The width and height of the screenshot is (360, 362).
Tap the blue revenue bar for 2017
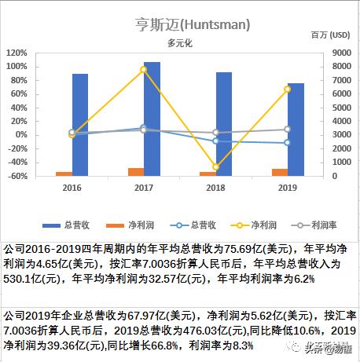tap(152, 118)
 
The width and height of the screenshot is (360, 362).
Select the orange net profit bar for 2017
tap(136, 172)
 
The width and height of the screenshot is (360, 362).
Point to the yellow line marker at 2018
tap(215, 167)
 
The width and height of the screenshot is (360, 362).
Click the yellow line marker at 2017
tap(144, 70)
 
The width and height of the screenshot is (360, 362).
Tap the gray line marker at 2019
tap(288, 129)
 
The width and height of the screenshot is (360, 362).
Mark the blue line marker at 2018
tap(215, 141)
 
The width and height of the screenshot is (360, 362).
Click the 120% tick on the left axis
tap(17, 53)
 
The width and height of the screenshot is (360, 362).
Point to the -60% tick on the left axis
tap(17, 176)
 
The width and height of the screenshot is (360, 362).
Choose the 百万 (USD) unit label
tap(330, 35)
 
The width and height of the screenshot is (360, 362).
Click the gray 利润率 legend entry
tap(298, 224)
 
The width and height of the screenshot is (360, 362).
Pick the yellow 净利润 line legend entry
tap(241, 224)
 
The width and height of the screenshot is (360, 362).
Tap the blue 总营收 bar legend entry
tap(60, 224)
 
